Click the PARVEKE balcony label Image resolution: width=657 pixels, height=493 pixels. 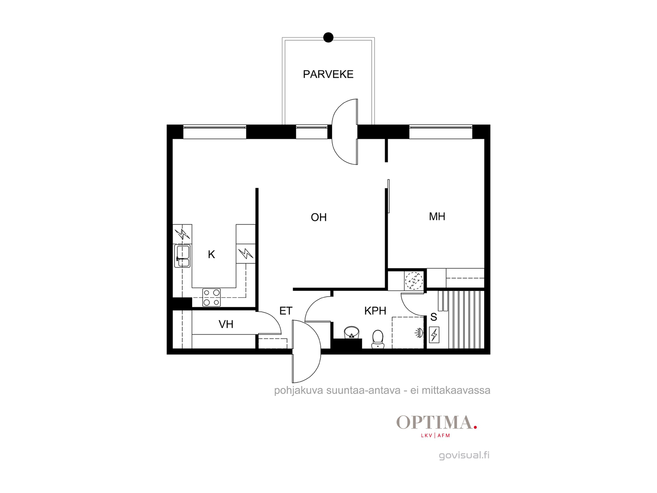tap(328, 74)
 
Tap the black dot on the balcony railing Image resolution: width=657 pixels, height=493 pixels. tap(328, 37)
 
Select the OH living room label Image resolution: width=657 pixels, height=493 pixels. tap(319, 217)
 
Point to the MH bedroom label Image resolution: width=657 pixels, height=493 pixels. tap(437, 217)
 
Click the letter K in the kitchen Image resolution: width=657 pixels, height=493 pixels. tap(211, 254)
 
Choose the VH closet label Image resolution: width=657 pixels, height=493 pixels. tap(226, 324)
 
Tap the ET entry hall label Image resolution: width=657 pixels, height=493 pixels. tap(285, 311)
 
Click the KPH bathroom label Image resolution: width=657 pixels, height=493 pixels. tap(375, 311)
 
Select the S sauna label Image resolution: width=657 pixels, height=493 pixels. tap(433, 317)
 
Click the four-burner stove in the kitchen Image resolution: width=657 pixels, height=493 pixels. tap(211, 297)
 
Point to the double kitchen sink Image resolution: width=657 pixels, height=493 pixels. tap(182, 256)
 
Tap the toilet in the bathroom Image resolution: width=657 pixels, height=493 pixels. tap(378, 339)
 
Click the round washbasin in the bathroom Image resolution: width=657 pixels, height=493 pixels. tap(351, 332)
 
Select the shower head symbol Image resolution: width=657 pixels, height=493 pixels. tap(419, 332)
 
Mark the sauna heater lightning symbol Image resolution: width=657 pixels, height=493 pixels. tap(434, 335)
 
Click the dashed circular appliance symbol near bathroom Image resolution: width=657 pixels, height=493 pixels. tap(414, 281)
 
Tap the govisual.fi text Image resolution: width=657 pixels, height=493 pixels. tap(464, 455)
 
